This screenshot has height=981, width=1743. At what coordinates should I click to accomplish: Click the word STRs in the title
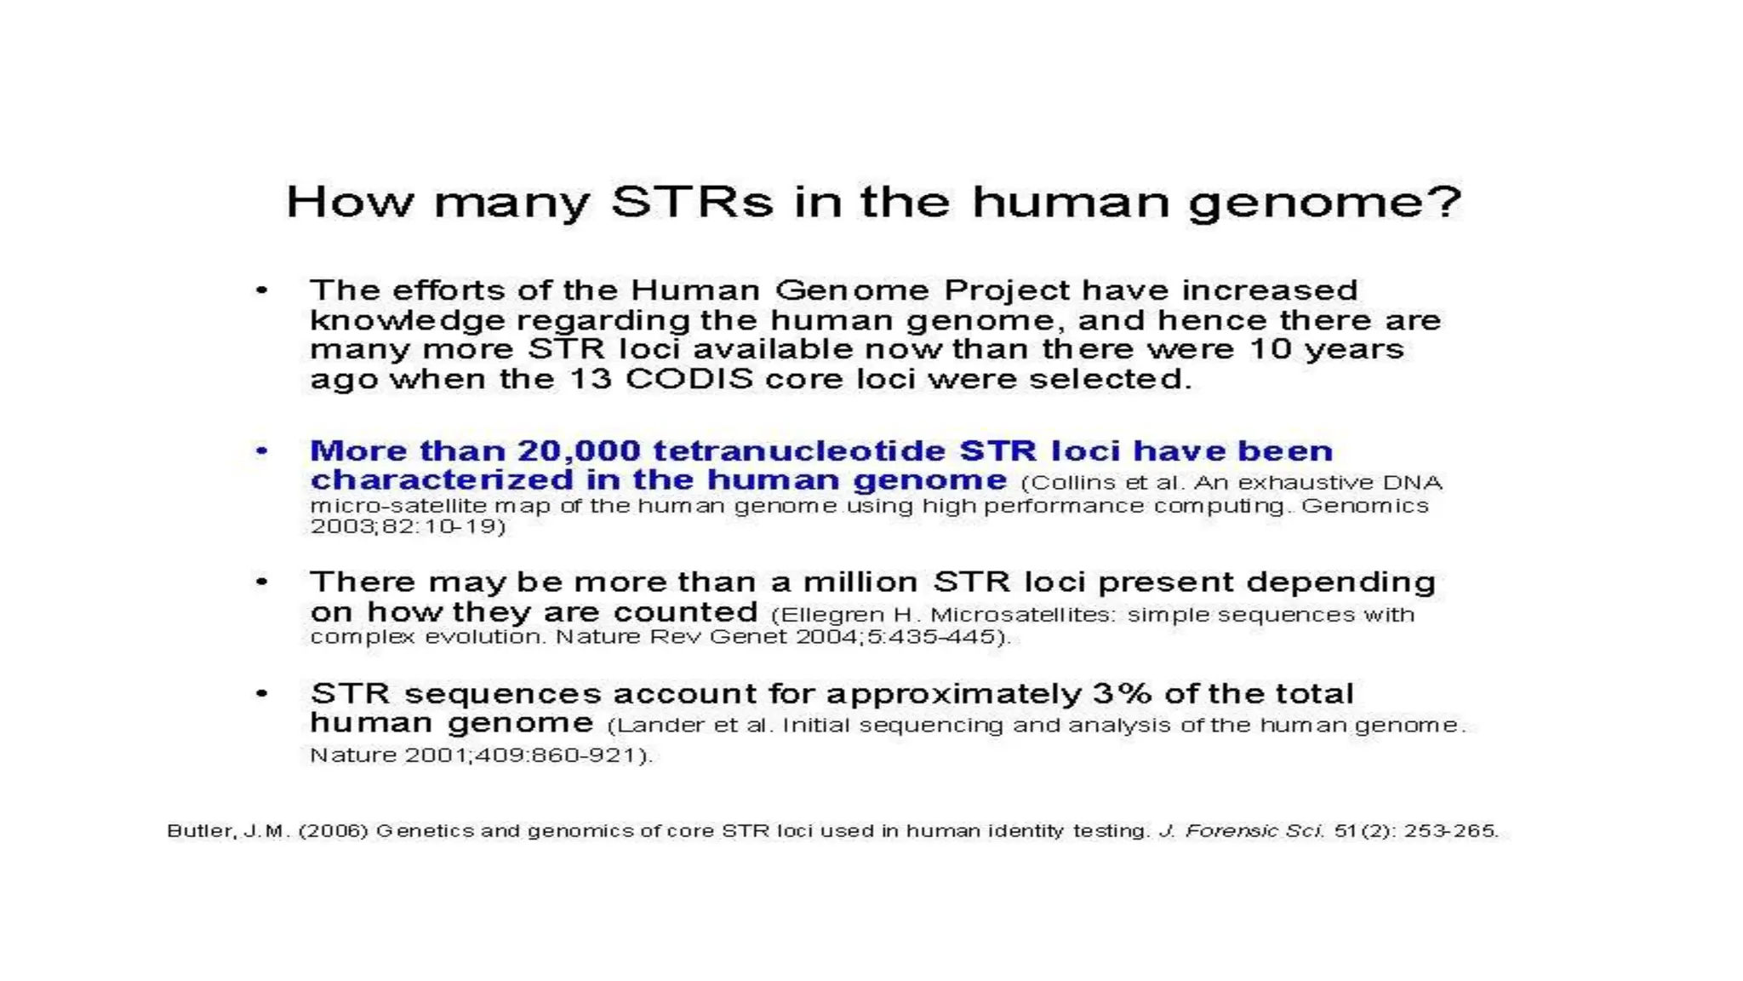tap(692, 203)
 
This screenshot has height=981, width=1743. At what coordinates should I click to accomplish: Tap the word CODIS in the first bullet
tap(689, 379)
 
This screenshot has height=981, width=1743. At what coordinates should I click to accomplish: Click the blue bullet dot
tap(262, 450)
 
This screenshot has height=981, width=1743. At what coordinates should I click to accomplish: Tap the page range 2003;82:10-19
tap(407, 527)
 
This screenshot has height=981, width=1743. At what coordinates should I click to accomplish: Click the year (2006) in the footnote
tap(333, 831)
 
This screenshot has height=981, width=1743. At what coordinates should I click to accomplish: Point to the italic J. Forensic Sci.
tap(1241, 831)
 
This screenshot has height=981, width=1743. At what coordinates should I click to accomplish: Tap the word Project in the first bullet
tap(1007, 290)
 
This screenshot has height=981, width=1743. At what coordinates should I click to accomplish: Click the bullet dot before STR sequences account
tap(262, 694)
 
